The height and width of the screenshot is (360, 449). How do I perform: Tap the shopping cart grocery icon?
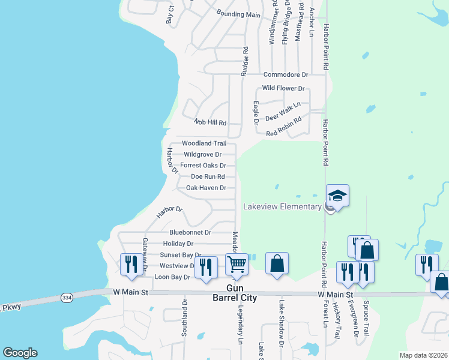pos(237,264)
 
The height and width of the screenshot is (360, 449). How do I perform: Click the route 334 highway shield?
pos(67,297)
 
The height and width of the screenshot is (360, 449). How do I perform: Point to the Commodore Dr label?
pos(286,74)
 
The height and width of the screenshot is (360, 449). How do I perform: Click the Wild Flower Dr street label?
pos(283,88)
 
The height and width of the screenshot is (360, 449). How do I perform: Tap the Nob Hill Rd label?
pos(209,122)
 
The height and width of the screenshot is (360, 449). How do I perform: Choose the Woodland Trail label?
pos(204,143)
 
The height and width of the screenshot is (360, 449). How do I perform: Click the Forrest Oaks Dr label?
pos(203,166)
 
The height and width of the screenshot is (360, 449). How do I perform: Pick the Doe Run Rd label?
pos(208,177)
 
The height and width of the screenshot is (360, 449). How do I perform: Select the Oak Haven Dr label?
pos(206,188)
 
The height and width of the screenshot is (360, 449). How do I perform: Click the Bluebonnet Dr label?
pos(190,232)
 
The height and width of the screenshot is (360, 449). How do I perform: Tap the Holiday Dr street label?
pos(178,244)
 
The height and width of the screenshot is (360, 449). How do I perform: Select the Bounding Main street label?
pos(238,14)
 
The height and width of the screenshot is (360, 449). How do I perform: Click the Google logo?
pos(20,353)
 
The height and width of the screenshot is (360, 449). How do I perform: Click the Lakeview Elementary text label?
pos(282,207)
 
